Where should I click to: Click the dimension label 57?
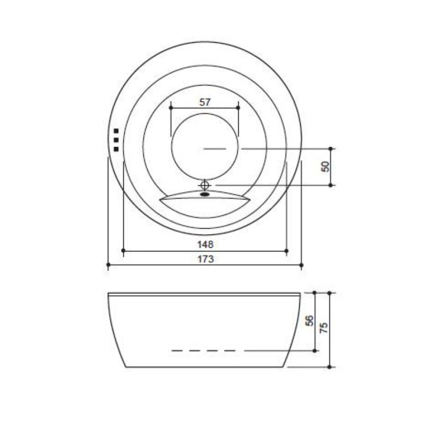(205, 102)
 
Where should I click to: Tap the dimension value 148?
(205, 244)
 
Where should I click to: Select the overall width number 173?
(206, 259)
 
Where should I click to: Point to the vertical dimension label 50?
(325, 166)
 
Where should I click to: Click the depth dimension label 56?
(310, 321)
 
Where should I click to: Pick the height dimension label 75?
(324, 328)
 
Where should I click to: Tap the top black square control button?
(116, 131)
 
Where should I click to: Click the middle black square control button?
(116, 140)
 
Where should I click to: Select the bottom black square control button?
(116, 149)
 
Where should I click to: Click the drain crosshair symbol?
(205, 185)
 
